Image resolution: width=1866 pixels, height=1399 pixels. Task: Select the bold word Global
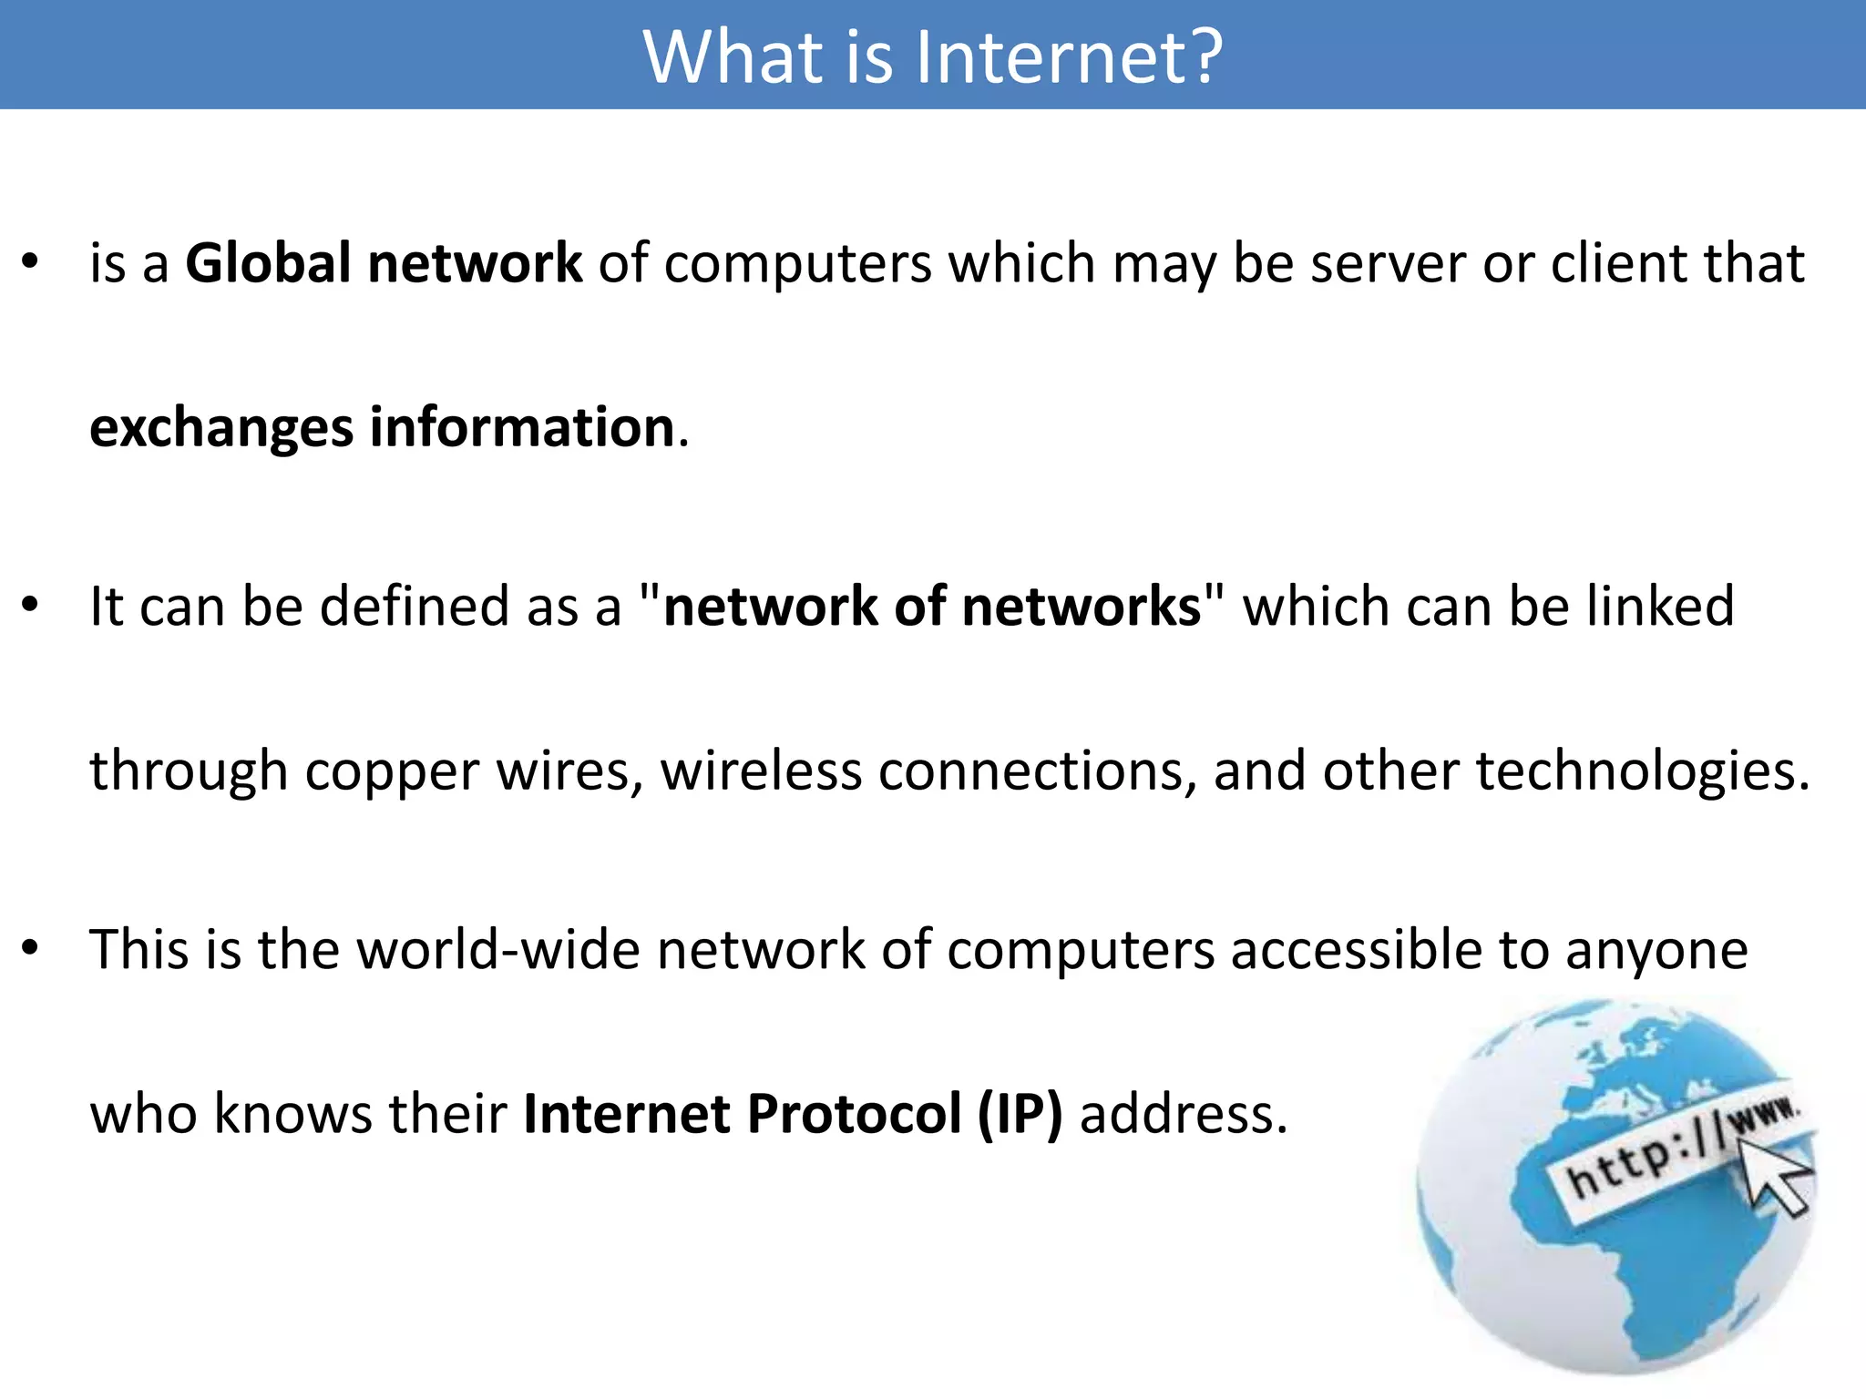[x=268, y=264]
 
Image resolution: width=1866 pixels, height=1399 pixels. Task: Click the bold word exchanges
[x=221, y=428]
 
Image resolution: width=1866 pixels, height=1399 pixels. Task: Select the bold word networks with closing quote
[x=1090, y=607]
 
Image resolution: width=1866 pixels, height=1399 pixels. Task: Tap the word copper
[x=392, y=772]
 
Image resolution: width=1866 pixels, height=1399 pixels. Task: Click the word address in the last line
[x=1183, y=1114]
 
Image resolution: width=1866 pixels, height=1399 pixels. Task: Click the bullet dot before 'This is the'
[x=31, y=948]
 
